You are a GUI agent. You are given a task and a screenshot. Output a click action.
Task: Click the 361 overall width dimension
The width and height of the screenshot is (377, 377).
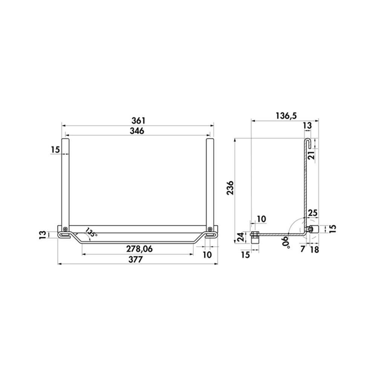coord(138,121)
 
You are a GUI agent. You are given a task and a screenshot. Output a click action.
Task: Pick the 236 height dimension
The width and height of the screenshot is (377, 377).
coord(230,187)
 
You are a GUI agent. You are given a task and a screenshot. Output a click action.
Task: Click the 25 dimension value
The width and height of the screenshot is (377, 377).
coord(312,213)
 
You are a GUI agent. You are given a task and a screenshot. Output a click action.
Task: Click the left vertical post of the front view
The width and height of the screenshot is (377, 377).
coord(65,181)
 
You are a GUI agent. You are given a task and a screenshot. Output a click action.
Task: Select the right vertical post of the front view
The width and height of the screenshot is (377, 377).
coord(210,181)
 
